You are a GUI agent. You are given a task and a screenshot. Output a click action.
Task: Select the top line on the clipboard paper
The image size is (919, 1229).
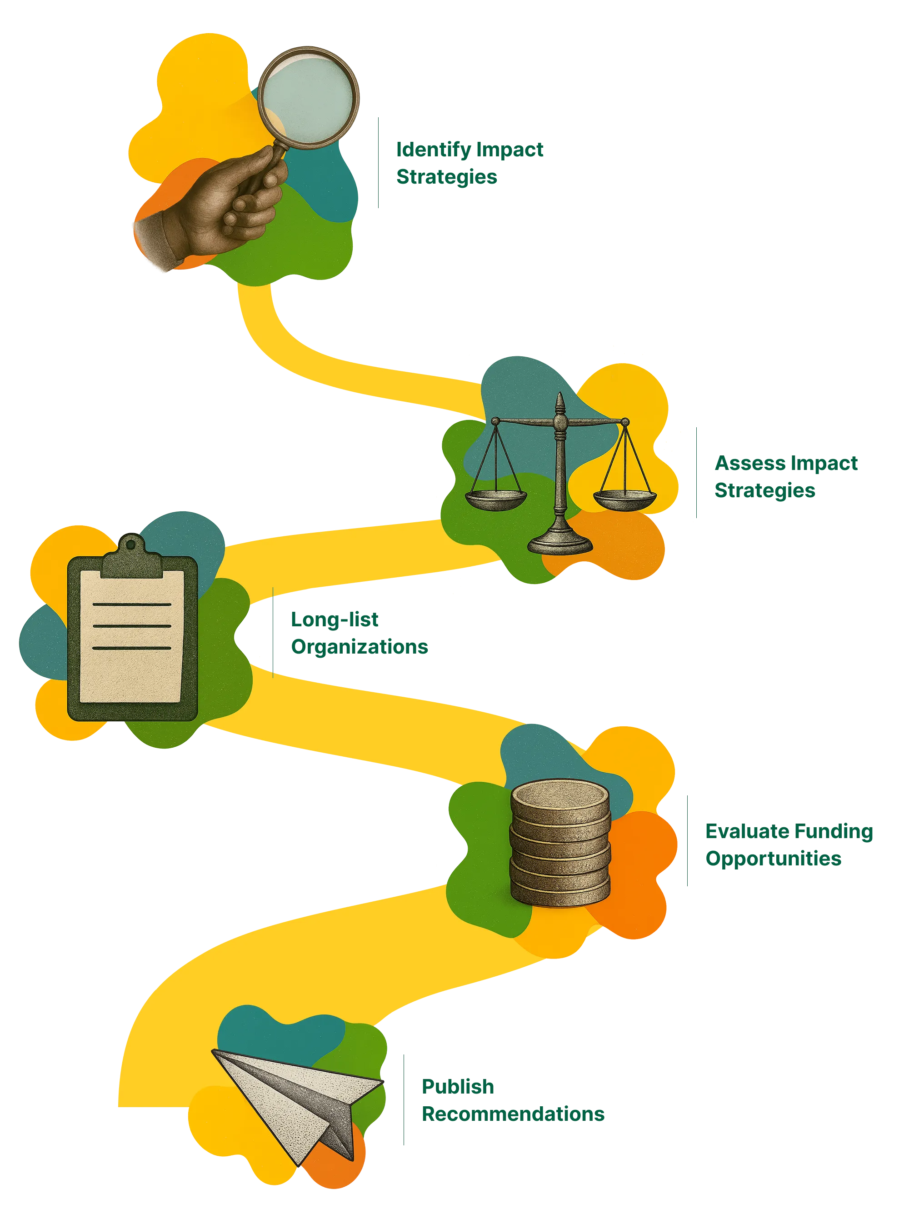click(132, 605)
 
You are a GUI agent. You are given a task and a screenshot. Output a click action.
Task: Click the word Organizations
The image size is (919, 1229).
click(360, 647)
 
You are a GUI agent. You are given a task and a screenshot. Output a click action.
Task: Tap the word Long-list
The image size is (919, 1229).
click(335, 620)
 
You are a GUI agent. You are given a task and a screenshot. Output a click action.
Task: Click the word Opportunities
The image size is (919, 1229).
click(774, 859)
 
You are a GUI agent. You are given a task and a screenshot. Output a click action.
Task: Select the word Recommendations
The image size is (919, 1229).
click(512, 1114)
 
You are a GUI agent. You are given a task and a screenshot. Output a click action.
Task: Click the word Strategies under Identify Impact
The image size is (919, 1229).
click(446, 177)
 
